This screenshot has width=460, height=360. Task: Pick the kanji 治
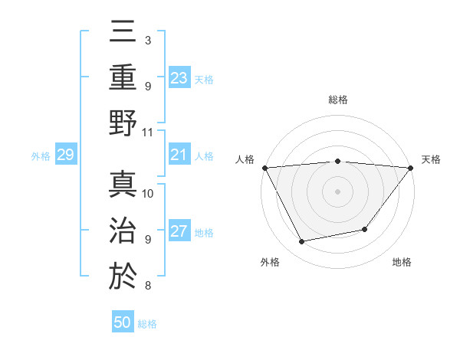click(x=123, y=229)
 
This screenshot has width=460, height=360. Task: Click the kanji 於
click(x=123, y=274)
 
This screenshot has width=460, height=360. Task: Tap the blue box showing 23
click(x=179, y=77)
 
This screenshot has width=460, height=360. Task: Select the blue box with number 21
click(x=179, y=155)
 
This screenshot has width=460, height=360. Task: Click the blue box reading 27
click(x=179, y=232)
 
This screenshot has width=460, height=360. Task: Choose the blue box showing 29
click(x=65, y=155)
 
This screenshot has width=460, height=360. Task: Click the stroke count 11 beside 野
click(x=148, y=132)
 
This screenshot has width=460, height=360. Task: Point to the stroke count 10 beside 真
click(x=148, y=193)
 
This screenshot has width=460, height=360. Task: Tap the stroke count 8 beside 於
click(x=148, y=286)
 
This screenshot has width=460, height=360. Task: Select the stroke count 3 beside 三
click(x=148, y=40)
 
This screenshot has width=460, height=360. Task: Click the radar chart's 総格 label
click(x=337, y=100)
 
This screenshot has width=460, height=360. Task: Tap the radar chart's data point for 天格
click(x=411, y=167)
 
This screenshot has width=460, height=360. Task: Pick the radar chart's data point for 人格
click(x=264, y=167)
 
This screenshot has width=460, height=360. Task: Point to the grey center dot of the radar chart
click(x=337, y=191)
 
